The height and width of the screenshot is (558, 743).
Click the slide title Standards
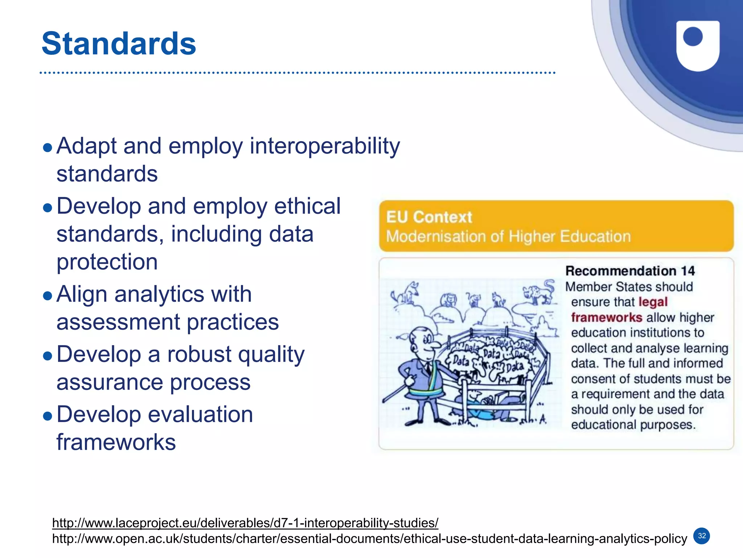(119, 44)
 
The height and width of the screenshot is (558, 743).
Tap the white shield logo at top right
(697, 45)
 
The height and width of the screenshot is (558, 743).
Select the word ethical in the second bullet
(307, 206)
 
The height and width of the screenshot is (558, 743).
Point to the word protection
(107, 262)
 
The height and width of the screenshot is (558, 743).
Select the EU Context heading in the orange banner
(429, 217)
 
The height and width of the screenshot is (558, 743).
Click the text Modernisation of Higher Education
(508, 237)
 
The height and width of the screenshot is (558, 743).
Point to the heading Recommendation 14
(630, 271)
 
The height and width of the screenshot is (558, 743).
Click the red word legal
(653, 302)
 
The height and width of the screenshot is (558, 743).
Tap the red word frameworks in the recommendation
(607, 317)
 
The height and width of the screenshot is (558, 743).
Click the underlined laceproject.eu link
(245, 523)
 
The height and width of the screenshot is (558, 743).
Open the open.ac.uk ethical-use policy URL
(369, 539)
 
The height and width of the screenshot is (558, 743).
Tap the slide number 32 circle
(702, 536)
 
